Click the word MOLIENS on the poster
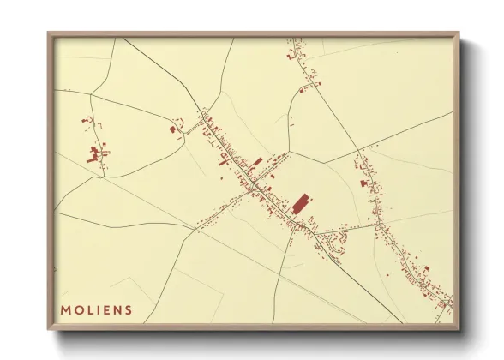96,310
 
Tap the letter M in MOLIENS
65,310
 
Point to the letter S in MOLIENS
129,310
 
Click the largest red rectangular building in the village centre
300,203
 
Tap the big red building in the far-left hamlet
93,154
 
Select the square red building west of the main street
172,129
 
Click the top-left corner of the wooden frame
49,33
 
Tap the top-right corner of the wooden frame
459,33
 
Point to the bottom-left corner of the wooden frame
49,329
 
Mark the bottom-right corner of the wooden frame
459,329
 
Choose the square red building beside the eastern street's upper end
363,183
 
